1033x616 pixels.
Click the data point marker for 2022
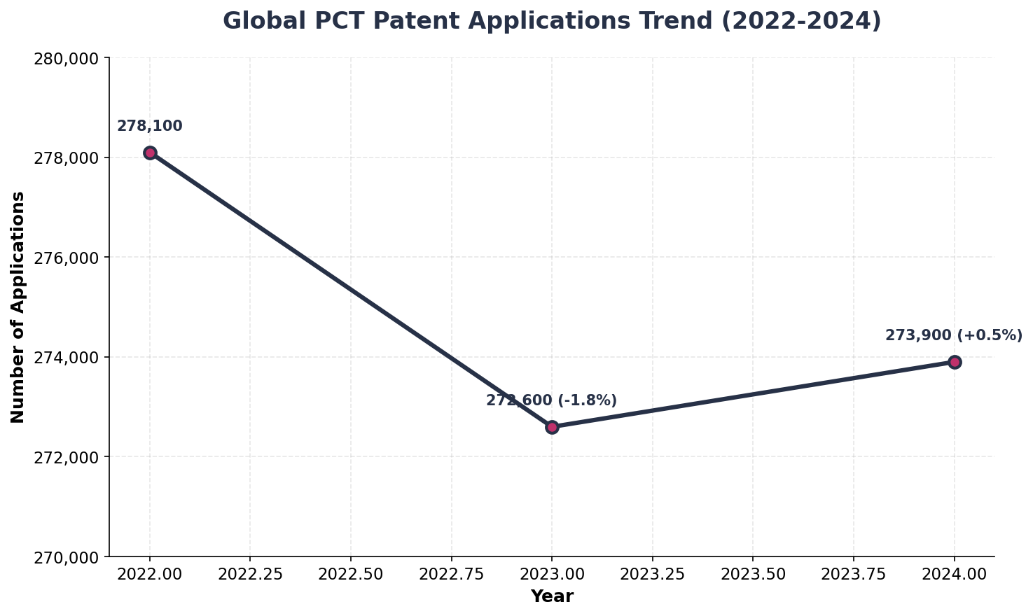click(x=150, y=153)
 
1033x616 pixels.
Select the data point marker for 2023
click(x=552, y=427)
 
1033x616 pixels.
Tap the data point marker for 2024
click(x=955, y=362)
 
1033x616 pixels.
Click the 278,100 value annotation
click(x=149, y=127)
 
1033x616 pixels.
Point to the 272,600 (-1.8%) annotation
click(x=551, y=401)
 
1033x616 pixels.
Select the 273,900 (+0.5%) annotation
click(x=953, y=336)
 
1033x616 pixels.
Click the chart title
click(x=552, y=21)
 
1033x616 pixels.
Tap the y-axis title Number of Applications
click(x=18, y=307)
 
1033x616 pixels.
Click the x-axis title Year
click(x=552, y=597)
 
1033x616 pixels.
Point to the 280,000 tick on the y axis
click(x=67, y=58)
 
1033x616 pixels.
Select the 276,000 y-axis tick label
click(x=67, y=258)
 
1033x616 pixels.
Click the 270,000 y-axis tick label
click(x=67, y=557)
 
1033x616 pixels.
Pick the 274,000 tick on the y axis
click(x=67, y=358)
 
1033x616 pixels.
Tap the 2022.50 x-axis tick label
click(x=350, y=574)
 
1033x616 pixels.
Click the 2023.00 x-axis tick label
click(x=552, y=574)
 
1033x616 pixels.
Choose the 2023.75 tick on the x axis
click(x=853, y=574)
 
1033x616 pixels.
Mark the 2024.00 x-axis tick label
click(x=955, y=574)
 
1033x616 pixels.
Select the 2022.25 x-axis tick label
click(x=250, y=574)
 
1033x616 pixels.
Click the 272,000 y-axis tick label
click(x=67, y=457)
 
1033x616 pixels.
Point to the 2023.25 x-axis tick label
click(x=652, y=574)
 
